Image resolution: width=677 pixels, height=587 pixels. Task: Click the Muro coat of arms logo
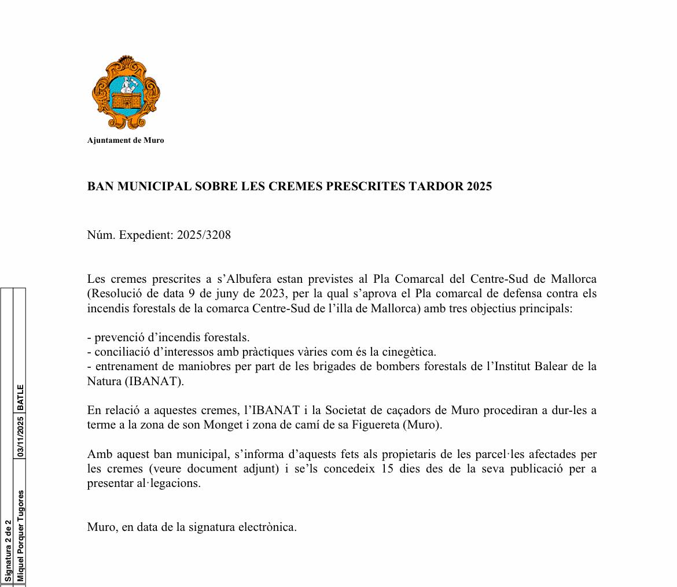click(126, 93)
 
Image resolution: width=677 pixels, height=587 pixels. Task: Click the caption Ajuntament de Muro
click(126, 140)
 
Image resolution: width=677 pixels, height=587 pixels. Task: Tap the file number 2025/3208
click(204, 235)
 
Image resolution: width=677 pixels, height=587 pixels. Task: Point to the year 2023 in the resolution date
click(274, 294)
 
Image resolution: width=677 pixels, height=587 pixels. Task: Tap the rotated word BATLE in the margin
click(20, 397)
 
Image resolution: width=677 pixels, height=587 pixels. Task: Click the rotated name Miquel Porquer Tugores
click(20, 536)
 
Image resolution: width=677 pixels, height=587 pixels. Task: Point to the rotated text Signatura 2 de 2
click(8, 551)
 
